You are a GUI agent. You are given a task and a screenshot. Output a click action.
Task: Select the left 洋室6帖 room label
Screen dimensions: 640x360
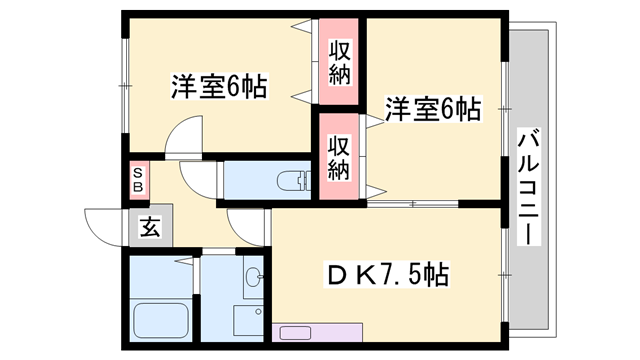click(218, 87)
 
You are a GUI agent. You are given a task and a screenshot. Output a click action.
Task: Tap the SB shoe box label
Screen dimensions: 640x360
click(138, 182)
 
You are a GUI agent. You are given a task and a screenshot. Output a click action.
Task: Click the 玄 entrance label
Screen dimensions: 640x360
click(149, 227)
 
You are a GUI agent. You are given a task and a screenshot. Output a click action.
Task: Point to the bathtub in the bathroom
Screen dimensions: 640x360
click(161, 319)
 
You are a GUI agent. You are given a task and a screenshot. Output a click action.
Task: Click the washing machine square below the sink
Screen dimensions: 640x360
click(249, 319)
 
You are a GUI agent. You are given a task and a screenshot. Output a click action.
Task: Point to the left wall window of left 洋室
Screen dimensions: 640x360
click(124, 85)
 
